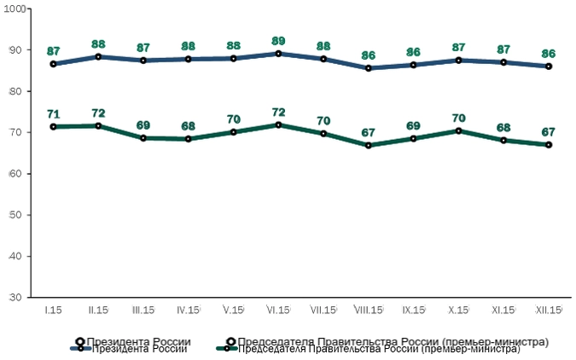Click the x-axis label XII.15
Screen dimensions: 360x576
(550, 310)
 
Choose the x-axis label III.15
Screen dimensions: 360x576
(143, 310)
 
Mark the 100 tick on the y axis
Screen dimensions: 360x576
(17, 9)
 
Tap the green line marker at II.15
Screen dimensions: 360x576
(98, 125)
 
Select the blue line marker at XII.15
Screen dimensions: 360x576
(550, 66)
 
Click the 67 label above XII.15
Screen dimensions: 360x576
(550, 131)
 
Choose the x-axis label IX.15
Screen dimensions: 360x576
(414, 310)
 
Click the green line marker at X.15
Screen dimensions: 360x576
(459, 131)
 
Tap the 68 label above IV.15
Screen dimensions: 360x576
(188, 125)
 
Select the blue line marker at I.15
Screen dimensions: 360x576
(53, 64)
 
